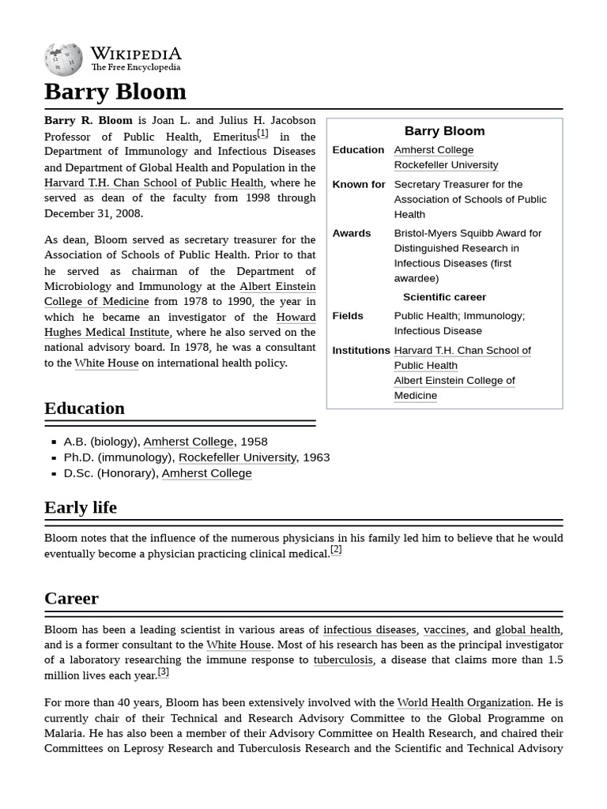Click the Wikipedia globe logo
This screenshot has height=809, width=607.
click(x=63, y=59)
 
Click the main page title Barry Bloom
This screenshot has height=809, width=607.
click(x=115, y=92)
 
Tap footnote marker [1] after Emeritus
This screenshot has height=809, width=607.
click(x=262, y=134)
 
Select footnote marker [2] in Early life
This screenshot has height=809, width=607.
click(x=336, y=550)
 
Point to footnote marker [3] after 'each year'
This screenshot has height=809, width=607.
click(x=163, y=672)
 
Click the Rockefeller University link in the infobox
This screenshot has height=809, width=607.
click(x=446, y=164)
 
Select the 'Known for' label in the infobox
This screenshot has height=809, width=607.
click(x=359, y=184)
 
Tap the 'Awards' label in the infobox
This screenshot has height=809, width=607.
click(x=352, y=233)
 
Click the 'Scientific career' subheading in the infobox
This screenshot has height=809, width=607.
click(x=444, y=297)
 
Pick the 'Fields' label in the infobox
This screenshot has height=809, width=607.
click(x=348, y=315)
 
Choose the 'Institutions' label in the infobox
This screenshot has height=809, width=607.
click(x=361, y=350)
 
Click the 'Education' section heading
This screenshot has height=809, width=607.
click(x=85, y=408)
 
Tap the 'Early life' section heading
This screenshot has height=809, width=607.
click(x=81, y=507)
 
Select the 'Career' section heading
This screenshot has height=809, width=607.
click(x=71, y=598)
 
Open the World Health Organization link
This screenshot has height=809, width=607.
click(x=463, y=702)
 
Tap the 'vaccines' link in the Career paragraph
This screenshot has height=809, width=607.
click(x=444, y=630)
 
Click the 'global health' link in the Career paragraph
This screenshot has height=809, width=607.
click(x=527, y=630)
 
